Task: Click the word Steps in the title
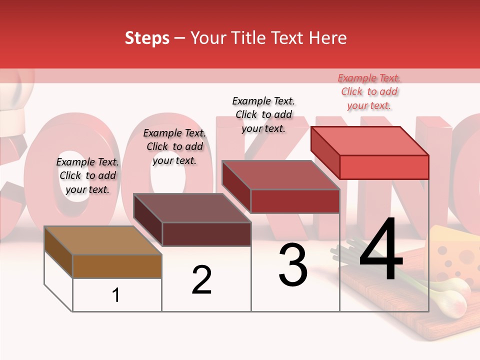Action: point(147,38)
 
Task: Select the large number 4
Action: point(381,251)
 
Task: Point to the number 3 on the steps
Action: point(293,265)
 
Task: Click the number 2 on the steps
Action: point(201,280)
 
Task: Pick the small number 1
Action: point(116,295)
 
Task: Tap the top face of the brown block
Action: point(103,240)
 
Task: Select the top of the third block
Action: point(281,175)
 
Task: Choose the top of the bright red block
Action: point(370,141)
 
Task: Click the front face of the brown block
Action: point(117,266)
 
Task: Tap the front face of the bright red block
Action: point(384,167)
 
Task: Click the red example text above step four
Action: point(369,92)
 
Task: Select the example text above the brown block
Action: point(87,175)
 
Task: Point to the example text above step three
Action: point(264,114)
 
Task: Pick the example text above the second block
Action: point(174,147)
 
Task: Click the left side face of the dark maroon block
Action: point(148,220)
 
